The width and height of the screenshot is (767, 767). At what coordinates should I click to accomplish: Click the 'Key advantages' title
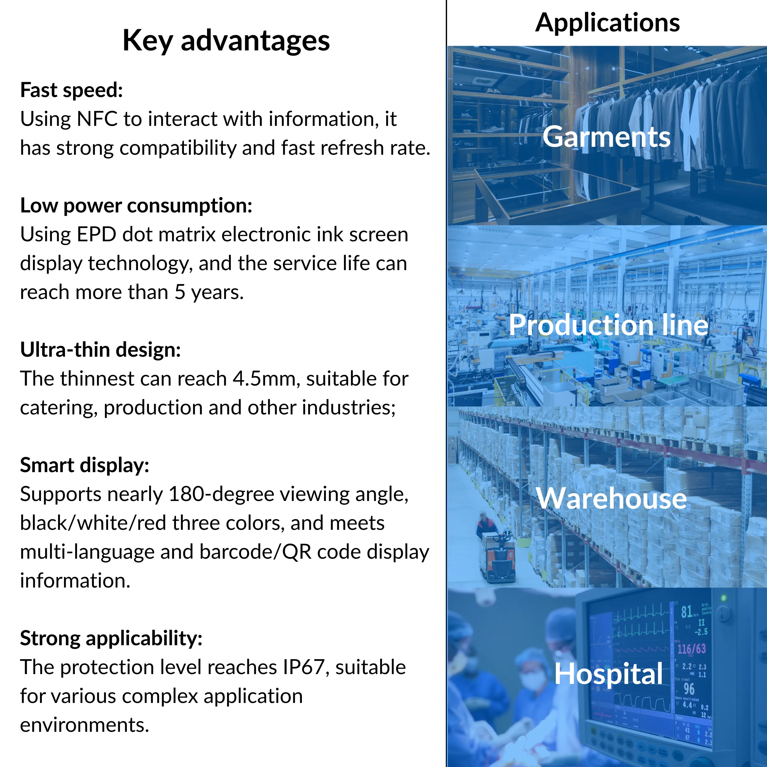[226, 41]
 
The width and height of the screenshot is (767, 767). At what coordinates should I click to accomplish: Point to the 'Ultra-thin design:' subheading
[101, 350]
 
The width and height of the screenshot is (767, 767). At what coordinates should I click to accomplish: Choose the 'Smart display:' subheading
[85, 465]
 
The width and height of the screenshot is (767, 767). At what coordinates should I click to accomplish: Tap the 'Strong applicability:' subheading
[111, 638]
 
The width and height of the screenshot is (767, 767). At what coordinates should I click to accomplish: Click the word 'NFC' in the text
[97, 119]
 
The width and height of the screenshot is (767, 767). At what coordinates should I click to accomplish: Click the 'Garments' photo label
[607, 137]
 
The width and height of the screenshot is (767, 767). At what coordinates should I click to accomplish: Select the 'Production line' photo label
[608, 325]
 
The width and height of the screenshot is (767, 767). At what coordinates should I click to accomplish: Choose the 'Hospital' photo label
[608, 674]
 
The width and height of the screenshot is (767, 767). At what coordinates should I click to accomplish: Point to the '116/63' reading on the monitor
[692, 649]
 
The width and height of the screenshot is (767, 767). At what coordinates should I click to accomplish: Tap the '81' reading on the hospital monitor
[686, 612]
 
